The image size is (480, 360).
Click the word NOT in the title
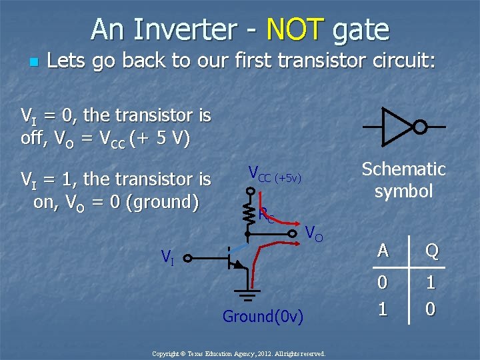click(x=294, y=29)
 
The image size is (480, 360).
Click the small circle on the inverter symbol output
click(x=419, y=127)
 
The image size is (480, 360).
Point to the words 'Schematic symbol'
click(x=403, y=180)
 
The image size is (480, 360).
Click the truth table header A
click(x=383, y=250)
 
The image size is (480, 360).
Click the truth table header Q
click(x=431, y=250)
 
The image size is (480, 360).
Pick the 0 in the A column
click(x=383, y=283)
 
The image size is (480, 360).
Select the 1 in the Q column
click(x=431, y=283)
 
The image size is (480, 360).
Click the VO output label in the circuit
click(x=314, y=233)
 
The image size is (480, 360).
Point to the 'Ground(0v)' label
click(x=263, y=316)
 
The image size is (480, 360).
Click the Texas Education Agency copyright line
click(x=239, y=353)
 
